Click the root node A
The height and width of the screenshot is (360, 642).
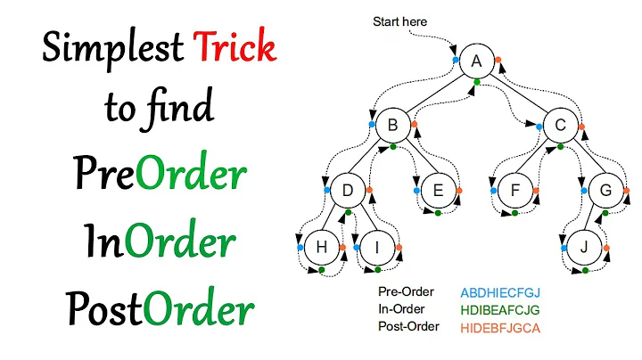(x=477, y=61)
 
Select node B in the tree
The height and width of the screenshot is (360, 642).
(x=392, y=126)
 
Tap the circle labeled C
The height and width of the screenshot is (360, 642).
(x=561, y=126)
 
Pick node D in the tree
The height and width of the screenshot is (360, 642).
(x=349, y=189)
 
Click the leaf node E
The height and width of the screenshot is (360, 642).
(x=437, y=189)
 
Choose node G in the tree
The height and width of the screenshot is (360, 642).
(x=605, y=189)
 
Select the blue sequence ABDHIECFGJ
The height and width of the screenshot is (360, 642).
(x=500, y=292)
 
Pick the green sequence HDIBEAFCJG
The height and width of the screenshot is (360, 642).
(x=500, y=309)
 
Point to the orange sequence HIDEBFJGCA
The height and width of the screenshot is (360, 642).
(x=500, y=327)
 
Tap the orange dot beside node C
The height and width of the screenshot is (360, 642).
(x=583, y=126)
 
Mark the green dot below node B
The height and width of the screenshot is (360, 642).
(x=392, y=148)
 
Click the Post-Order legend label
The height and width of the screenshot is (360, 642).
(x=409, y=326)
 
